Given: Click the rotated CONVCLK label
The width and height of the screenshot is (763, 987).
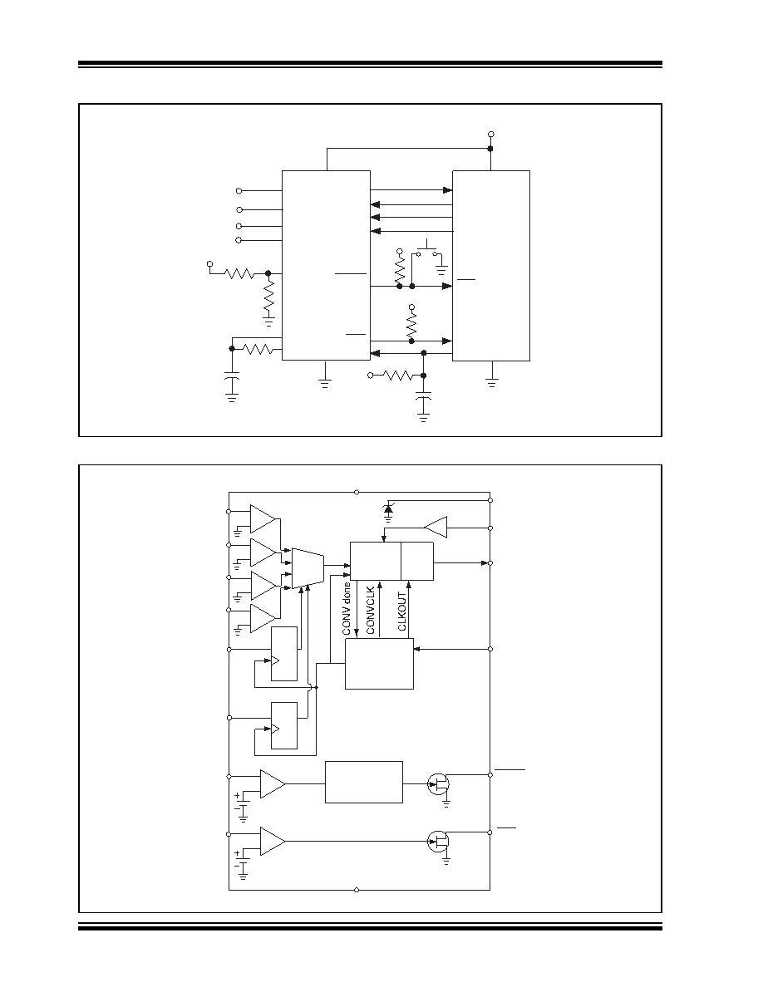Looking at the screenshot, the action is [x=370, y=610].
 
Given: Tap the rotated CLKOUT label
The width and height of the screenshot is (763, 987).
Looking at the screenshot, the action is [x=402, y=611].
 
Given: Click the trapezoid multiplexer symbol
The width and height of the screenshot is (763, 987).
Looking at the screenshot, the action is [x=308, y=568].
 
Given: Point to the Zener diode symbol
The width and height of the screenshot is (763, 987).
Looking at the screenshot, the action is [x=388, y=508].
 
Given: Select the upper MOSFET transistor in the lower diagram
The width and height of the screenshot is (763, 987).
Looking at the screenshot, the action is [x=438, y=783].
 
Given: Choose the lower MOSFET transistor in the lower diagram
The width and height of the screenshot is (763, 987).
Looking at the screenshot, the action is [x=438, y=841].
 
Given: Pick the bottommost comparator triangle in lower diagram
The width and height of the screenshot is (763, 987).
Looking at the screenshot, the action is [x=273, y=842].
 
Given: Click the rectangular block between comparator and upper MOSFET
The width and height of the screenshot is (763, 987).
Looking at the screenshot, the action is [x=364, y=783].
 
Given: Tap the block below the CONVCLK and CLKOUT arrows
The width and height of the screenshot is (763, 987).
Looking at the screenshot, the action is [x=380, y=664].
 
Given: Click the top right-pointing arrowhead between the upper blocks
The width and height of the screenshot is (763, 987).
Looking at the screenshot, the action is [x=448, y=190].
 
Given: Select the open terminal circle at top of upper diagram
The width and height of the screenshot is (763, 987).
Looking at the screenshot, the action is [x=491, y=134].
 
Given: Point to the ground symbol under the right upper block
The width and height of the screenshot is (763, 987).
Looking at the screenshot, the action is [x=492, y=381].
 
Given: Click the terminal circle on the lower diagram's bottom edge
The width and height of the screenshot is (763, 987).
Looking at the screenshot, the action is [x=357, y=890].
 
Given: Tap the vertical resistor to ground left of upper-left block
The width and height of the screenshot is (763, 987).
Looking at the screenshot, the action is [x=268, y=297].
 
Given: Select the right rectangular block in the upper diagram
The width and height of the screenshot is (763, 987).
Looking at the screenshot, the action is [x=491, y=266].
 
